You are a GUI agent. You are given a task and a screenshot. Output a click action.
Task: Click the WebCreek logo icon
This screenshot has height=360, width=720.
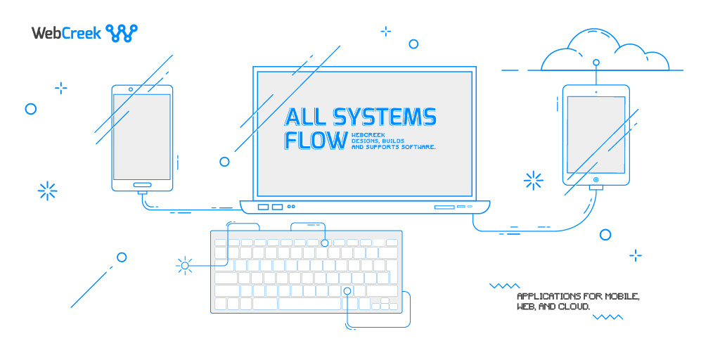pos(122,32)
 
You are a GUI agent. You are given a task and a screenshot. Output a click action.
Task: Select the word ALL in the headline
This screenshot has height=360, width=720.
pos(304,117)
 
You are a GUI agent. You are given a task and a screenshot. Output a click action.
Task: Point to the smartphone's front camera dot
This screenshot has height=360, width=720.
pos(131,89)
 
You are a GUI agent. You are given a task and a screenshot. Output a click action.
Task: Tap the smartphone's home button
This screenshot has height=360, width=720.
pos(141,186)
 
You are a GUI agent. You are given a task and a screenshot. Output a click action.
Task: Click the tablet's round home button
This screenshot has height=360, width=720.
pos(596,180)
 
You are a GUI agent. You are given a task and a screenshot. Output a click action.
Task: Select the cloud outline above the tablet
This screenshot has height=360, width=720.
pos(605,53)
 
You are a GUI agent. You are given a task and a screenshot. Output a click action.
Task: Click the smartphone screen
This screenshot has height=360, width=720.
pos(141,136)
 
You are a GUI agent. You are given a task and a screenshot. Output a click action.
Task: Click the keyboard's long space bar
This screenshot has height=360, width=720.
pos(309,304)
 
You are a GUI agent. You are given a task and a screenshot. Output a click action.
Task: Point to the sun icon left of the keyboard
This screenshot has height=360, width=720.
pos(185,265)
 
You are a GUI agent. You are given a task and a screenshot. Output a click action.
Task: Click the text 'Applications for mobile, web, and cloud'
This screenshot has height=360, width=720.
pos(578,302)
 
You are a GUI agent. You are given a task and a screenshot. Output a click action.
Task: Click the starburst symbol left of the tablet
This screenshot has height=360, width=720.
pos(534,181)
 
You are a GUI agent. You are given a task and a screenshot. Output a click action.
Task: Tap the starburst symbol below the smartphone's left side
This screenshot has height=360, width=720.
pos(47,191)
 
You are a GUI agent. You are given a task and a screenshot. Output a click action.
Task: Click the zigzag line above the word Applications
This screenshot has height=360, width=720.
pos(503,286)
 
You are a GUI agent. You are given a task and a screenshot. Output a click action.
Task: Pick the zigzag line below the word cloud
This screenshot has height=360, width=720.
pos(607,317)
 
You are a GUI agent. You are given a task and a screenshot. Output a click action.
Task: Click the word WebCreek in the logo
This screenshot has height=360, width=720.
pos(66,32)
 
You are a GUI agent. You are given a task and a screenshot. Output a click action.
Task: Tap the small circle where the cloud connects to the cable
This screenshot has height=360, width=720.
pos(596,63)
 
